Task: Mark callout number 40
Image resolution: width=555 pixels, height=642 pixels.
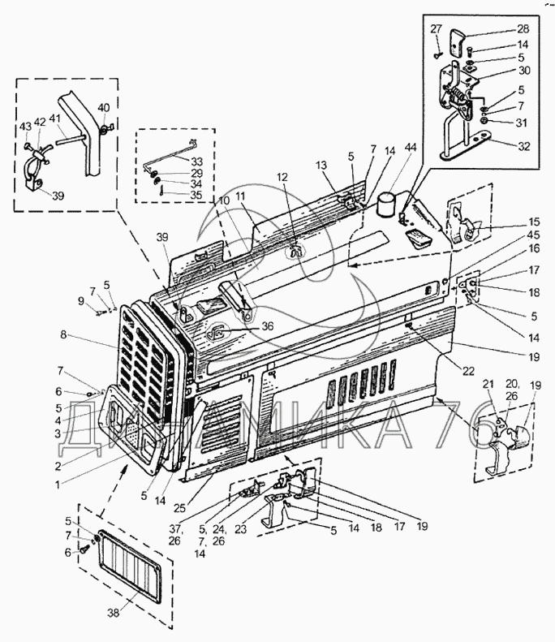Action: coord(104,108)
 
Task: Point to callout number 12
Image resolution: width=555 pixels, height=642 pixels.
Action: coord(282,178)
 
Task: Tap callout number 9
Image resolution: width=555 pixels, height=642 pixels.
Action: coord(80,302)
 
